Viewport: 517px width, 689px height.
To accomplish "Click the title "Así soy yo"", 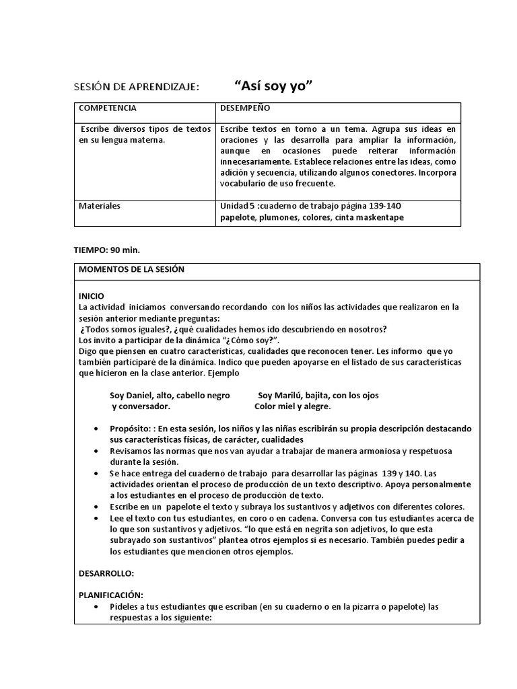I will pos(274,86).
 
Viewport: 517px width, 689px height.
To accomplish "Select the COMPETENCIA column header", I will pos(108,108).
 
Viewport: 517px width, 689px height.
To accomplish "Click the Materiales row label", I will pos(100,205).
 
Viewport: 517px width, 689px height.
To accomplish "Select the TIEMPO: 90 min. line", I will pos(107,250).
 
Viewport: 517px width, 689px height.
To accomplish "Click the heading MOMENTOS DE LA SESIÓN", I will pos(131,269).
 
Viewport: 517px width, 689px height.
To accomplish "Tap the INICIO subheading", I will pos(92,295).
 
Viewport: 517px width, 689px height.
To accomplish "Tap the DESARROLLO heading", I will pos(106,573).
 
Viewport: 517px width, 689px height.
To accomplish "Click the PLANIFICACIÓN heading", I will pos(111,595).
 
